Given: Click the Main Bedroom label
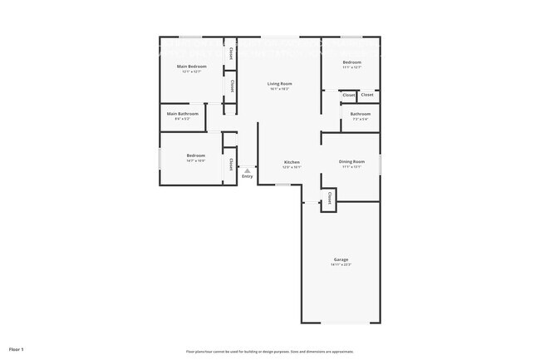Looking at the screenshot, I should click(x=192, y=66).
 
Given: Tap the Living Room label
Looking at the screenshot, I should click(x=279, y=84).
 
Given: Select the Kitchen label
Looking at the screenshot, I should click(x=292, y=162).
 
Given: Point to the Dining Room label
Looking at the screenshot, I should click(x=351, y=161).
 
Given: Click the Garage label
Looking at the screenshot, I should click(x=341, y=259).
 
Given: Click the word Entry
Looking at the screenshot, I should click(x=248, y=176).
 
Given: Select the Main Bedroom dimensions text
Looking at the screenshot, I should click(x=192, y=72).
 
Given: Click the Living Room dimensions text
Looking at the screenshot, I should click(x=279, y=90).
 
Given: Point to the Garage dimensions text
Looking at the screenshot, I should click(x=341, y=265).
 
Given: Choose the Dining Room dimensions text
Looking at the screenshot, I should click(x=351, y=167).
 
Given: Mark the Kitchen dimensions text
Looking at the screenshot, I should click(x=292, y=168).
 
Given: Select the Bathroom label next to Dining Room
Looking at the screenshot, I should click(x=360, y=114).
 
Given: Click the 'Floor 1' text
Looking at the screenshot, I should click(x=17, y=348).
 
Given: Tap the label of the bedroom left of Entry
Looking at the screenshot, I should click(x=196, y=155).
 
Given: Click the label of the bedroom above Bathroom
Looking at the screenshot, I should click(x=352, y=62).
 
